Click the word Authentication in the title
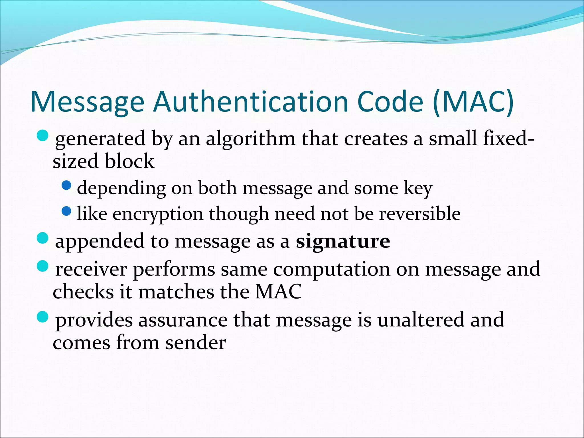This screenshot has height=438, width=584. click(x=251, y=102)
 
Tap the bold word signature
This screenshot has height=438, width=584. click(x=343, y=241)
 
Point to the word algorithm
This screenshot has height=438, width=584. click(x=251, y=139)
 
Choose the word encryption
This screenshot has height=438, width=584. click(x=158, y=214)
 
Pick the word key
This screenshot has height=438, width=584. click(x=418, y=188)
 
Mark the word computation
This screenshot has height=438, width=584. click(x=332, y=269)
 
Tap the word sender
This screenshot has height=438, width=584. click(x=196, y=342)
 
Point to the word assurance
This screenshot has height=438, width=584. click(x=183, y=320)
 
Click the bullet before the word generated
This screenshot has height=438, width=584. click(x=43, y=135)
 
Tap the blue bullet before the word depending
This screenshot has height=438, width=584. click(x=66, y=186)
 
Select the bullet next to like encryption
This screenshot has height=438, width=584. click(x=66, y=211)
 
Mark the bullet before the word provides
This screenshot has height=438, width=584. click(x=43, y=317)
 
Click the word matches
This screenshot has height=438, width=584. click(x=176, y=292)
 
